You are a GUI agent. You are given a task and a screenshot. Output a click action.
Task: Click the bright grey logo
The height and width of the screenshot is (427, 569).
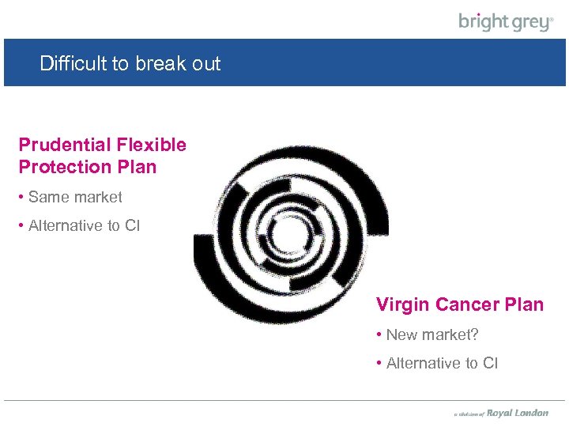pyautogui.click(x=506, y=21)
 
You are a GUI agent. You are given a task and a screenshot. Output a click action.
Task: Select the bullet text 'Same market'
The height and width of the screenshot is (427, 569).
pyautogui.click(x=75, y=197)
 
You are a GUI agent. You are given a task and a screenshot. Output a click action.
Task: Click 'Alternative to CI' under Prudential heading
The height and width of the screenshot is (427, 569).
pyautogui.click(x=84, y=225)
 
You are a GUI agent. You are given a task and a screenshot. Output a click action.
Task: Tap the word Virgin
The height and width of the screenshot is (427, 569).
pyautogui.click(x=402, y=304)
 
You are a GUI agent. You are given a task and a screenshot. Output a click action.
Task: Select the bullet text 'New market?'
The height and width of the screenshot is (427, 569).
pyautogui.click(x=432, y=334)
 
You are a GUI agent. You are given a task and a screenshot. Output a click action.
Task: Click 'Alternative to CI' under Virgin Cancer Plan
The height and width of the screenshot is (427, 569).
pyautogui.click(x=442, y=363)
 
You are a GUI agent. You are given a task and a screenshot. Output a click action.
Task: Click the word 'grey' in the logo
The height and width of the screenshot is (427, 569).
pyautogui.click(x=529, y=22)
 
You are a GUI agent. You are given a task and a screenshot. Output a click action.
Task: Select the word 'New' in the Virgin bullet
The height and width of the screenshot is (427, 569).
pyautogui.click(x=401, y=334)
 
